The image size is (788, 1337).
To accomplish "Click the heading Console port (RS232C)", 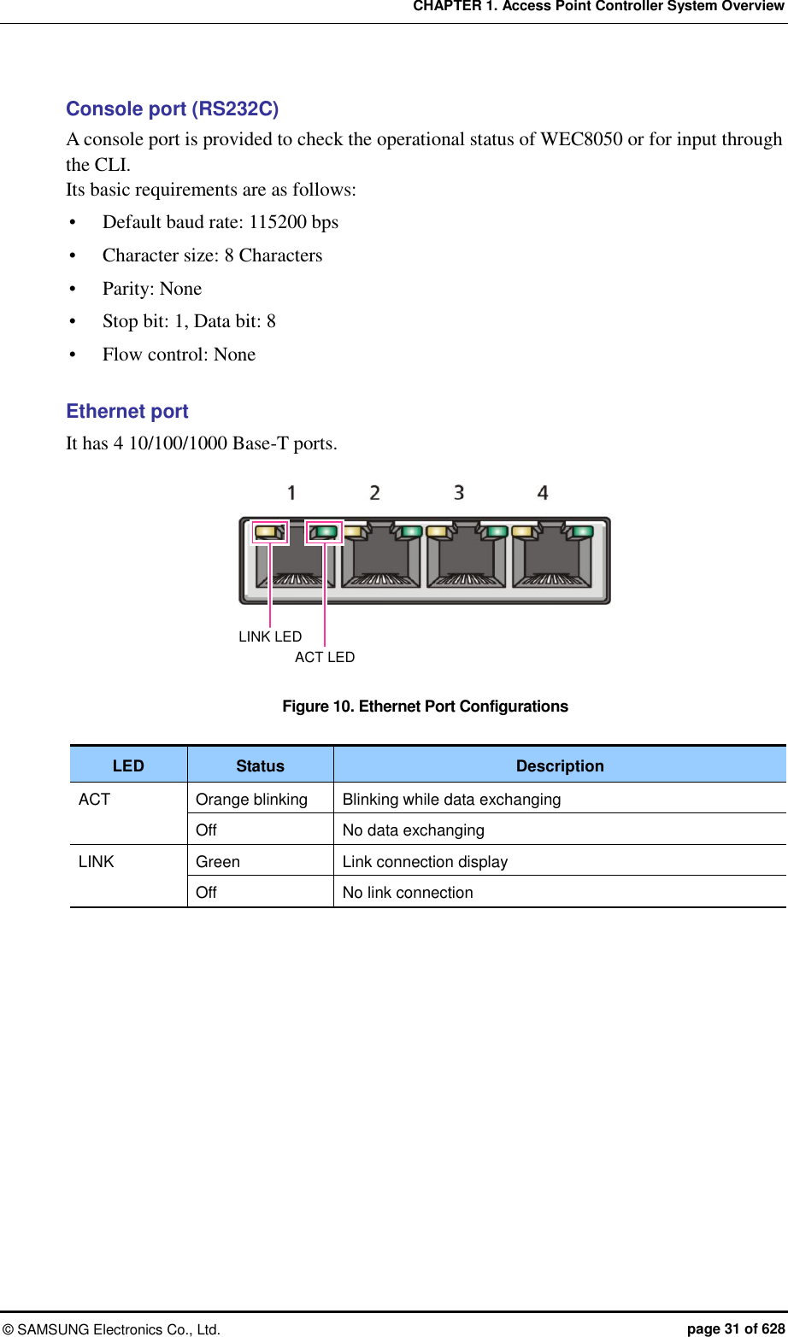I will click(x=172, y=109).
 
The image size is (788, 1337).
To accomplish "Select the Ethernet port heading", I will click(x=127, y=412).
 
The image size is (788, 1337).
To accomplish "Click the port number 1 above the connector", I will click(x=291, y=493).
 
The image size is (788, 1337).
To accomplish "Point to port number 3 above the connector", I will click(x=459, y=493).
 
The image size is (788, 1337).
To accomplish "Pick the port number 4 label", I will click(x=543, y=493).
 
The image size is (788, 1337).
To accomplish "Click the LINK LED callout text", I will click(x=270, y=636).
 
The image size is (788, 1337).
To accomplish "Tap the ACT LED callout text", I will click(x=325, y=657).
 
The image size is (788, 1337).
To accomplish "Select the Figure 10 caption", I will click(x=425, y=707).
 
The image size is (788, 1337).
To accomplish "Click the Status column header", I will click(x=260, y=766).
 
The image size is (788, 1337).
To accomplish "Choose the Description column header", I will click(x=560, y=766).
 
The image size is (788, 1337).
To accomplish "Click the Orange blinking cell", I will click(x=251, y=800).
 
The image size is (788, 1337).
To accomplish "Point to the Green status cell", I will click(x=218, y=862).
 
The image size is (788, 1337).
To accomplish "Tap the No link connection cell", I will click(x=408, y=893).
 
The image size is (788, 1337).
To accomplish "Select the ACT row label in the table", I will click(x=94, y=800).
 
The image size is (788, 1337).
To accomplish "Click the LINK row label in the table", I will click(x=96, y=862).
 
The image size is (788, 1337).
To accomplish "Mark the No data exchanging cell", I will click(x=414, y=830).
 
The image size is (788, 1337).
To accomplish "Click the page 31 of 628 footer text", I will click(x=736, y=1328).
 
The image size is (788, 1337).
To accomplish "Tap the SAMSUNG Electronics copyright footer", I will click(x=111, y=1329).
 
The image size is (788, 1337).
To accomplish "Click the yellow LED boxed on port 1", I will click(x=268, y=531).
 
